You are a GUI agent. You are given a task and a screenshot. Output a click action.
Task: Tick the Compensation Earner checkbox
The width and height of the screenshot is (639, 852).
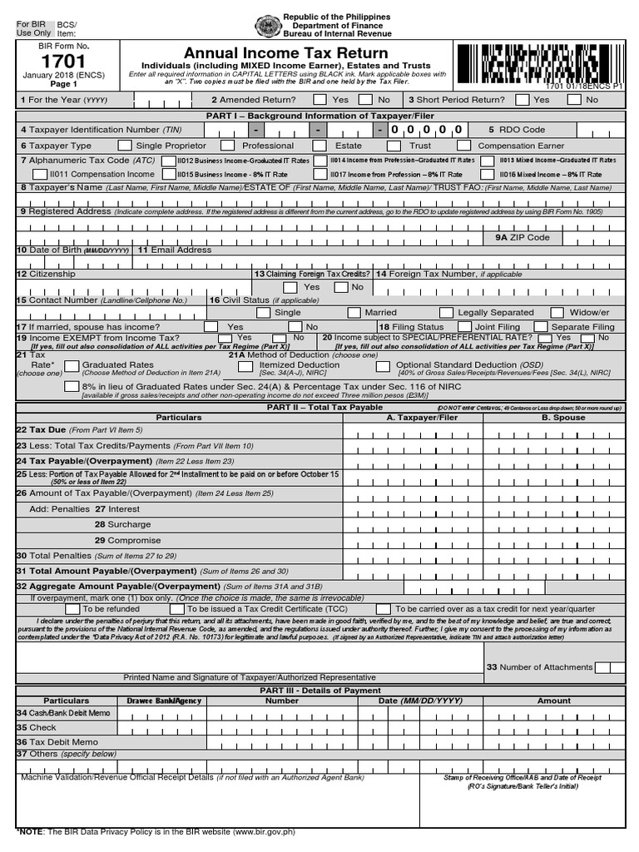tap(464, 146)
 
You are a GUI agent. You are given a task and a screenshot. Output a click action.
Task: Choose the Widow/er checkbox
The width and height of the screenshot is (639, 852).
tap(554, 312)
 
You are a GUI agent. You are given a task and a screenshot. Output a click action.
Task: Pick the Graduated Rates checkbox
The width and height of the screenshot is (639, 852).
tap(71, 365)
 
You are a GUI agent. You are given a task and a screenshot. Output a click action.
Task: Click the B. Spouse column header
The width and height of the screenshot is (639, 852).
tap(563, 418)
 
